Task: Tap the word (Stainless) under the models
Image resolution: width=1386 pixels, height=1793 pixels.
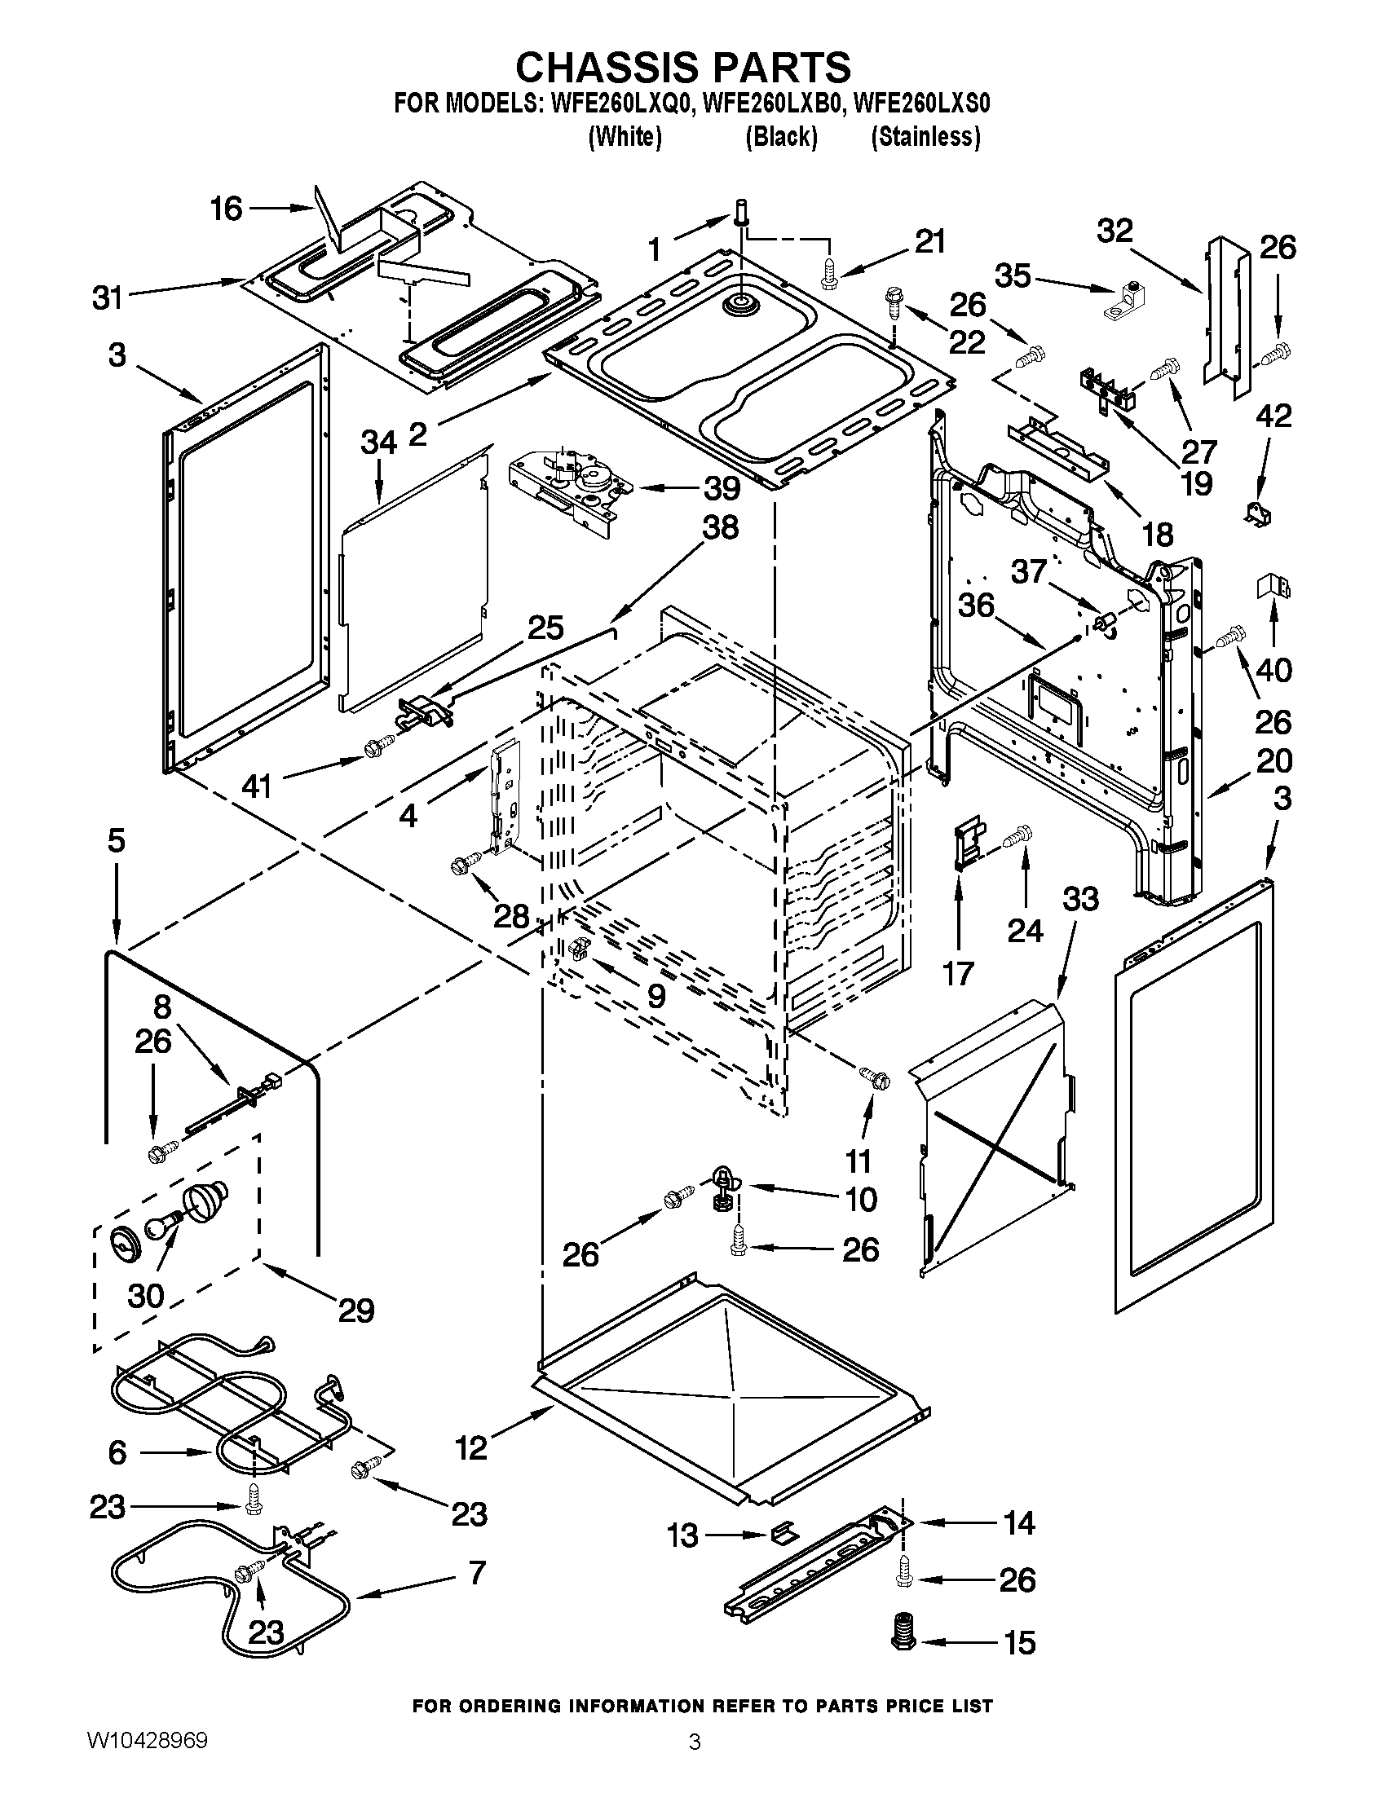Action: pos(925,136)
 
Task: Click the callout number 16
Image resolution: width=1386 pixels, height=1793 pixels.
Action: pos(226,209)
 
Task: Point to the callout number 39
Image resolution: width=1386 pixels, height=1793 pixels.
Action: pos(721,488)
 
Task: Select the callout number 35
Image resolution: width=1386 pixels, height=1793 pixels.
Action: pos(1013,275)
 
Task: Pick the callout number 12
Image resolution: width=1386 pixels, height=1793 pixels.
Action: pos(471,1447)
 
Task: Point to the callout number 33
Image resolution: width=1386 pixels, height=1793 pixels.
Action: pos(1080,899)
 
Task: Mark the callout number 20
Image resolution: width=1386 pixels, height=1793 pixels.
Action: pos(1274,761)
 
